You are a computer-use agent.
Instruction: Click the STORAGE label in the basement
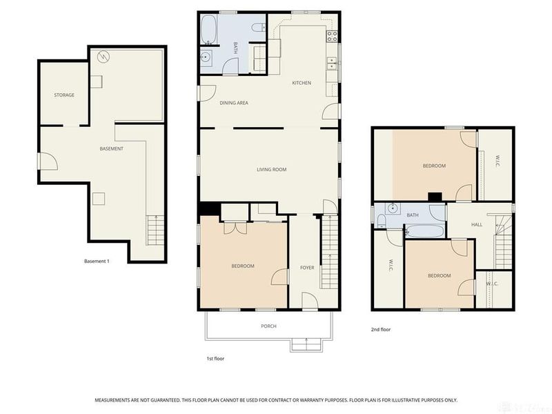click(x=64, y=95)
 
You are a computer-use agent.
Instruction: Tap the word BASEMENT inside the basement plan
click(x=111, y=149)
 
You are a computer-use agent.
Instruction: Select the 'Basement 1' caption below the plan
click(x=97, y=262)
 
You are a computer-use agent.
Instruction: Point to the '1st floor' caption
click(x=215, y=359)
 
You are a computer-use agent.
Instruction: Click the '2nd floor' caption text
click(x=381, y=330)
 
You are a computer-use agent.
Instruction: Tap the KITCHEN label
click(x=302, y=83)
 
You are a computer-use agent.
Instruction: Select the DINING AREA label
click(x=234, y=103)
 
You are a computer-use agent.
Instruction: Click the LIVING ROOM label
click(x=271, y=170)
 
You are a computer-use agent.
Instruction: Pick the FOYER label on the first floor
click(x=307, y=267)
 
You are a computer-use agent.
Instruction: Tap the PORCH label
click(x=269, y=326)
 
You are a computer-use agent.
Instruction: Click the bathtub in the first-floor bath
click(x=209, y=30)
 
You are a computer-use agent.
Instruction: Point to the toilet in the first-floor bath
click(x=258, y=28)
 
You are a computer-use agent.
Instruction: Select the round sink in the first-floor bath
click(x=206, y=58)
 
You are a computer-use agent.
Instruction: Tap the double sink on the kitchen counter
click(x=332, y=63)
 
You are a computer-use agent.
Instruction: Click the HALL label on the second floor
click(x=477, y=225)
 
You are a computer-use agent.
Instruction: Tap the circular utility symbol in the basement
click(x=104, y=56)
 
